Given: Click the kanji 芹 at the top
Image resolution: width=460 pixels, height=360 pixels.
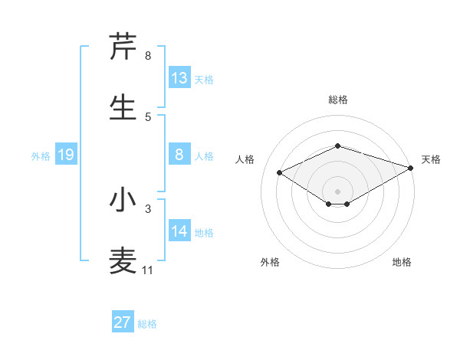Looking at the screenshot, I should pos(123,47).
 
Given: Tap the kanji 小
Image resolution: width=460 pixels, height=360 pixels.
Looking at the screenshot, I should pos(123,201).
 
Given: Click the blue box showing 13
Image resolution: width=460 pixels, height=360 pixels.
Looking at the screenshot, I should pos(179,78).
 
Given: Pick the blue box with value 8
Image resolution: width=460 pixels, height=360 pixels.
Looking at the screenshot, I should pos(179,155).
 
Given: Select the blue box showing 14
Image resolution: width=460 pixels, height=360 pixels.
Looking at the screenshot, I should pos(179,231).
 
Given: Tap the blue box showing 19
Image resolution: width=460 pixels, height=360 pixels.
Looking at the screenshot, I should pos(66,155).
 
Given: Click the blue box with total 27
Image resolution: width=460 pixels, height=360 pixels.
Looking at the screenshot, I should pos(123,322).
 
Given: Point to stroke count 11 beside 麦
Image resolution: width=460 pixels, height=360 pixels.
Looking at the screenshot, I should pos(148,270).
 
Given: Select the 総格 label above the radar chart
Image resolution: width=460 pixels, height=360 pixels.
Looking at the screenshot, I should pos(338,100).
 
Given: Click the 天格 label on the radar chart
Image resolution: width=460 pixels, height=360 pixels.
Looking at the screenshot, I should pos(431,159).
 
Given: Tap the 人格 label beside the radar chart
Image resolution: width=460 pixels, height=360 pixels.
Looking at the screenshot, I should pos(245,159).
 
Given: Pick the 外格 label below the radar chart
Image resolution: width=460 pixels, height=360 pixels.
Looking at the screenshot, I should pos(270,263).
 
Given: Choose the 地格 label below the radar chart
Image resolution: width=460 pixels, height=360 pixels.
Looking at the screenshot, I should pos(402,263).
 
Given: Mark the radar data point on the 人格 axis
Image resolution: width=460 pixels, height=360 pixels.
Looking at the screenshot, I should pos(280,172).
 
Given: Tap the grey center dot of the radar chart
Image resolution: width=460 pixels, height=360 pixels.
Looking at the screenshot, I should pos(337,191).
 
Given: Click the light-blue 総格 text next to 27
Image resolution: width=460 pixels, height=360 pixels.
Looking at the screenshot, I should pos(147,324).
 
